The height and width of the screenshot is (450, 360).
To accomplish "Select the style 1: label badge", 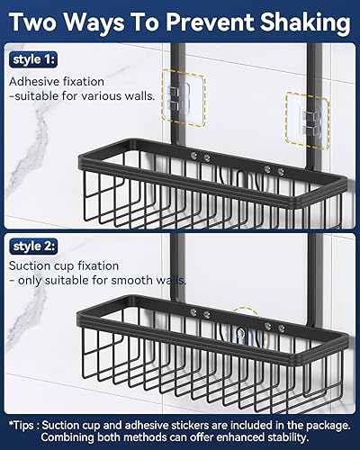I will tap(33, 60).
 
